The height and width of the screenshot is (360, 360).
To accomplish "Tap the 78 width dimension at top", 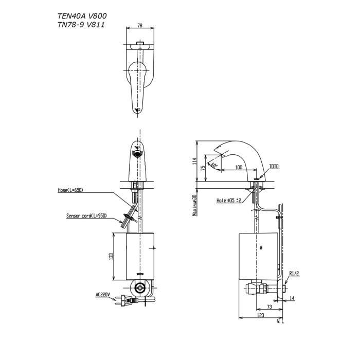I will [140, 26].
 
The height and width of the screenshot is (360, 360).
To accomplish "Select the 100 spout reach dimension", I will [238, 167].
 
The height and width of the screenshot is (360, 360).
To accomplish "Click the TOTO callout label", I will [273, 167].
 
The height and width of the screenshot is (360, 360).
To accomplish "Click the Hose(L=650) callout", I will [70, 190].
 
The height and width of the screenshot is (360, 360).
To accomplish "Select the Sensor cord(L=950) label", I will [86, 216].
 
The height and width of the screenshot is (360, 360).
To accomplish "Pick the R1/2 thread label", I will [295, 273].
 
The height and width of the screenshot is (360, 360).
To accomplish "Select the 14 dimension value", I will [292, 298].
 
